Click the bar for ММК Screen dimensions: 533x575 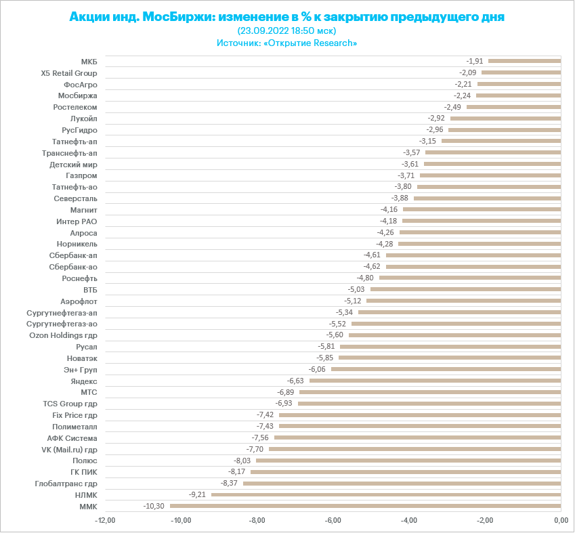pos(365,506)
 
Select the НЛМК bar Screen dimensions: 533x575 pos(386,494)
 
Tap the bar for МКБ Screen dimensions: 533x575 pos(524,61)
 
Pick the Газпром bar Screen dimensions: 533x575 pos(490,175)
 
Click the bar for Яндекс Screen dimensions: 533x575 pos(435,381)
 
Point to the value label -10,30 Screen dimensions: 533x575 pos(154,506)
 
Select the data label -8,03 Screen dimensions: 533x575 pos(242,461)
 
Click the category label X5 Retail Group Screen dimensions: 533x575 pos(69,72)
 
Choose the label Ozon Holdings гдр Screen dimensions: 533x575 pos(63,335)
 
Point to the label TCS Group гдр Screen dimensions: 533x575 pos(70,404)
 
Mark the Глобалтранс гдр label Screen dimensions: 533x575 pos(66,484)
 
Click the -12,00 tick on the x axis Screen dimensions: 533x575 pos(106,520)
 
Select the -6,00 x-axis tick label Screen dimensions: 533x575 pos(333,520)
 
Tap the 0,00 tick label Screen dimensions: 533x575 pos(561,520)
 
